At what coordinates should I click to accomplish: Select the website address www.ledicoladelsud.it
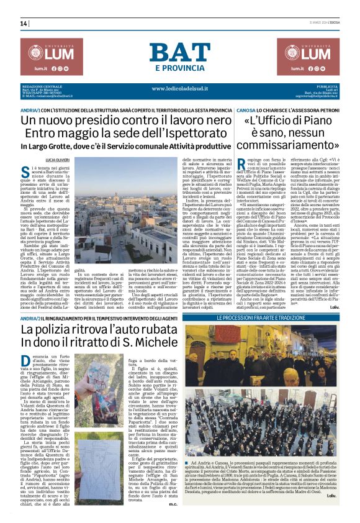180,88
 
